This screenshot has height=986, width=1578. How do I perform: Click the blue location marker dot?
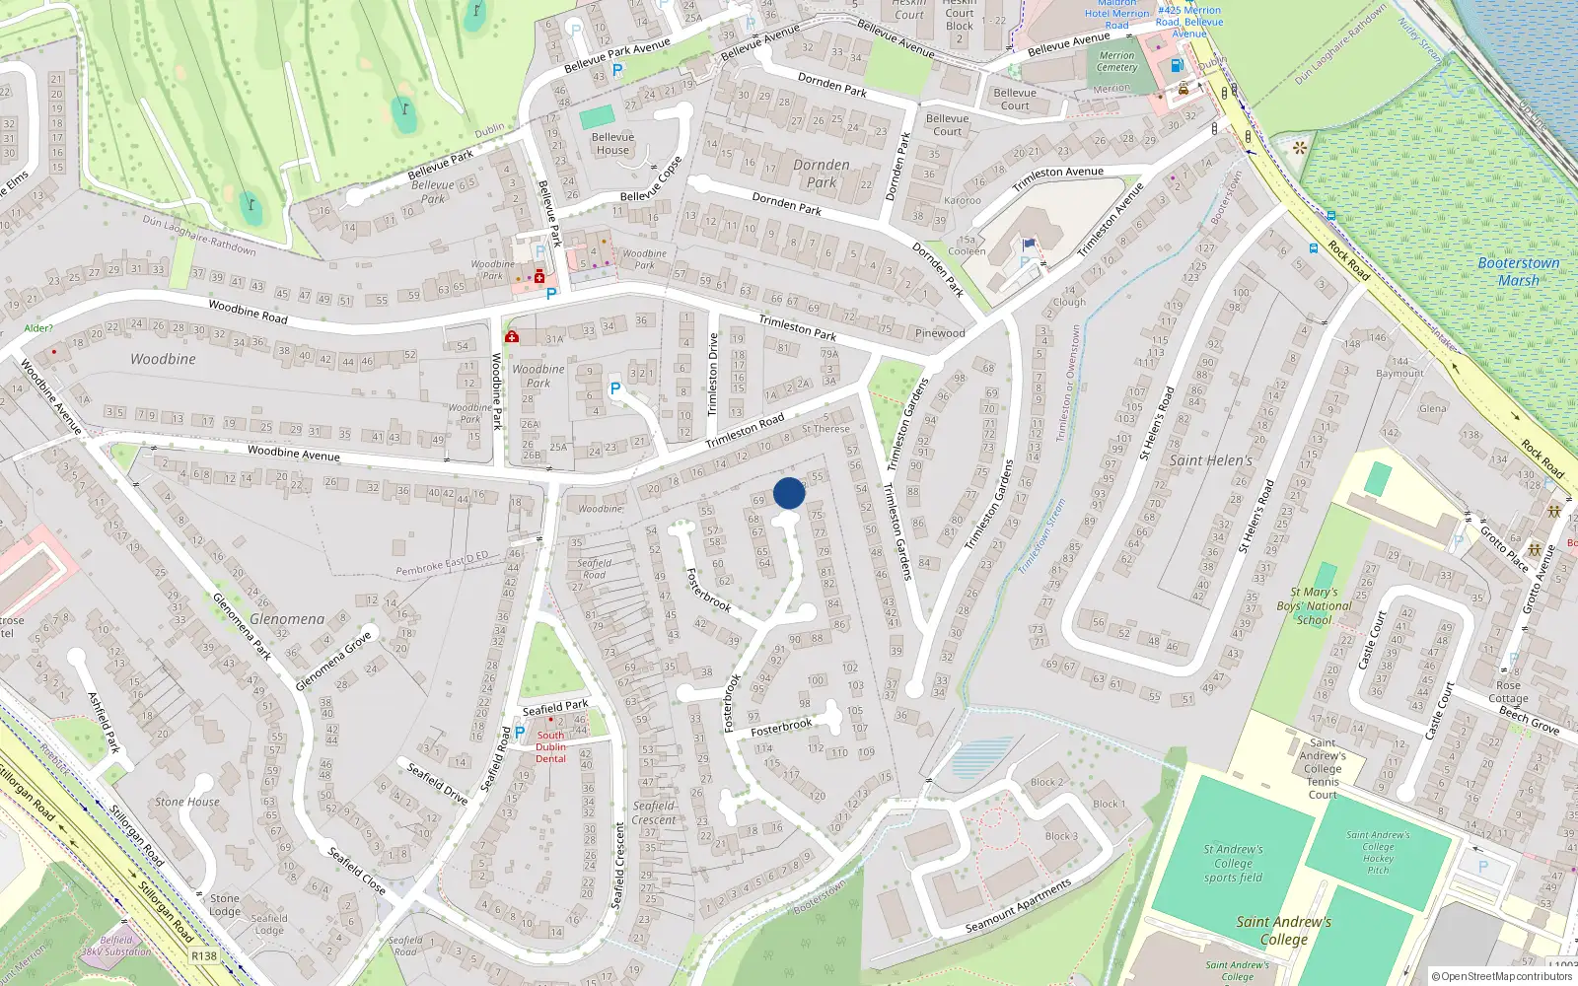pyautogui.click(x=789, y=493)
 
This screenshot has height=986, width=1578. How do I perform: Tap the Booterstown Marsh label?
pyautogui.click(x=1518, y=271)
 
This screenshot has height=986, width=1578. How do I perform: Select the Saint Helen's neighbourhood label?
pyautogui.click(x=1210, y=460)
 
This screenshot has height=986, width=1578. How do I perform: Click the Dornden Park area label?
pyautogui.click(x=821, y=174)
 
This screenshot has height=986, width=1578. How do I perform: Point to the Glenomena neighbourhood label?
pyautogui.click(x=286, y=619)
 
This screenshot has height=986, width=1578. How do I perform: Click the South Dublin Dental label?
pyautogui.click(x=550, y=746)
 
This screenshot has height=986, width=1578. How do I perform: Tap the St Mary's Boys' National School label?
pyautogui.click(x=1314, y=606)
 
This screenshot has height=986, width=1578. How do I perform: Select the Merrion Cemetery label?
pyautogui.click(x=1116, y=61)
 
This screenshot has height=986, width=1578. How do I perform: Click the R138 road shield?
pyautogui.click(x=204, y=956)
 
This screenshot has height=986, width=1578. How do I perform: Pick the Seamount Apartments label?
pyautogui.click(x=1018, y=906)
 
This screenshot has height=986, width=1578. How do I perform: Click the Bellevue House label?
pyautogui.click(x=612, y=144)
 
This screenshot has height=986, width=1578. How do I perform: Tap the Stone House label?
pyautogui.click(x=187, y=802)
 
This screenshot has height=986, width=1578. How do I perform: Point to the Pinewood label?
pyautogui.click(x=940, y=333)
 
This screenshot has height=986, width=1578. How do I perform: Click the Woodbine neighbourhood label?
pyautogui.click(x=163, y=359)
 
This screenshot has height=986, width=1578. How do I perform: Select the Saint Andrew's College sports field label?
pyautogui.click(x=1233, y=863)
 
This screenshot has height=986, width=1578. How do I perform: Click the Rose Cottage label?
pyautogui.click(x=1508, y=691)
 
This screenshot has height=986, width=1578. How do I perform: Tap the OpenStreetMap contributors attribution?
pyautogui.click(x=1502, y=976)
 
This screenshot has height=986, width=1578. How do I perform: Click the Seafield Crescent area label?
pyautogui.click(x=654, y=812)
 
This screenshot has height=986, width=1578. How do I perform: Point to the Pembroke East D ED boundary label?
pyautogui.click(x=442, y=564)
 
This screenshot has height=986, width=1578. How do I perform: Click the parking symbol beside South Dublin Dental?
pyautogui.click(x=520, y=733)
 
